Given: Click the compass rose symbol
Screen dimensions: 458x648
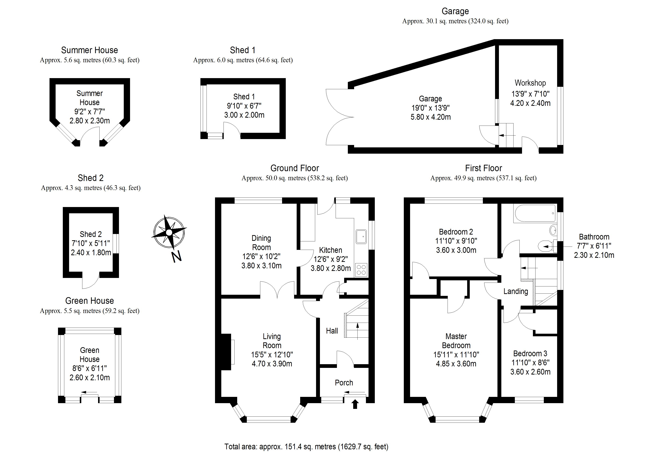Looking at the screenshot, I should (169, 233).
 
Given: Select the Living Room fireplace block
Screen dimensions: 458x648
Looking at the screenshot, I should (226, 352).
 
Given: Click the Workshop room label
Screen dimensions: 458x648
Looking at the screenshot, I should (530, 83).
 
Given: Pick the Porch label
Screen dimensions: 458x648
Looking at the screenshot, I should (344, 383).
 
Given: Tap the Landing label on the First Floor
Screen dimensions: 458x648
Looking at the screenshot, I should (516, 291).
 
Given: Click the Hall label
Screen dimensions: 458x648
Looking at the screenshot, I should (332, 331).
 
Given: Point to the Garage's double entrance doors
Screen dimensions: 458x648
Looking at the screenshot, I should (339, 117).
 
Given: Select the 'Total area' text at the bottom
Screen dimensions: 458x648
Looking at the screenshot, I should (306, 446).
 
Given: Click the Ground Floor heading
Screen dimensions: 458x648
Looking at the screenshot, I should (294, 168).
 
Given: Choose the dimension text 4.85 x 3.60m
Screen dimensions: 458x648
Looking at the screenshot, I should (456, 364).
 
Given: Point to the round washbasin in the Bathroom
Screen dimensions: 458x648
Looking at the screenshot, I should (553, 230).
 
